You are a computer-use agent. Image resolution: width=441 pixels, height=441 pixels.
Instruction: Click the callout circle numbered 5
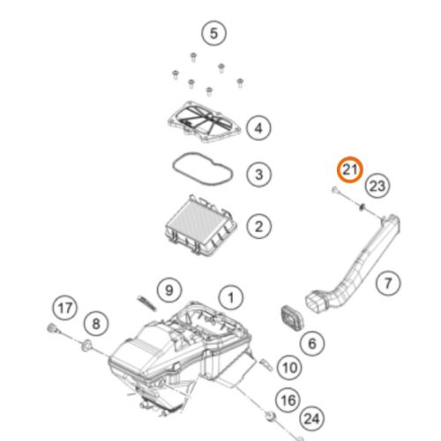pos(213,34)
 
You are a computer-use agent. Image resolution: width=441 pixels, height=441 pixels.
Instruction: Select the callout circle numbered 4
pos(258,128)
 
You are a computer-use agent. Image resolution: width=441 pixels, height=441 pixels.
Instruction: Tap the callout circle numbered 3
pos(258,175)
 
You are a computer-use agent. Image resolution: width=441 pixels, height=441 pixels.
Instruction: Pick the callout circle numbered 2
pos(258,227)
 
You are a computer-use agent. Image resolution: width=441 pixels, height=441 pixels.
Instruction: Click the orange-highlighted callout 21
pos(350,169)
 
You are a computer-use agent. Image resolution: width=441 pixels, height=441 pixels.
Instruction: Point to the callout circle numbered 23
pos(377,186)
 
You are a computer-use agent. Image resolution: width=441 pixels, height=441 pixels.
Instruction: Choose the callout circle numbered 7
pos(388,283)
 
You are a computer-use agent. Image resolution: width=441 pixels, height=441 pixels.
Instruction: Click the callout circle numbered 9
pos(169,290)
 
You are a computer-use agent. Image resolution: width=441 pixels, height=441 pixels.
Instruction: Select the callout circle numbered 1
pos(231,297)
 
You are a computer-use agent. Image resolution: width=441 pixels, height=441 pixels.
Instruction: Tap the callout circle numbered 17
pos(65,308)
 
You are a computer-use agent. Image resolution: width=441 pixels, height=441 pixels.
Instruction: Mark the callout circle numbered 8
pos(96,324)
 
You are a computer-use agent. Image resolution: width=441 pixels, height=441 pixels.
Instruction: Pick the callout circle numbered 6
pos(312,343)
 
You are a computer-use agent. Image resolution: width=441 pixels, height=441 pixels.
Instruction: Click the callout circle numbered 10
pos(289,368)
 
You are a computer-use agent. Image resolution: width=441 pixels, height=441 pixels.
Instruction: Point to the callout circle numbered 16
pos(288,400)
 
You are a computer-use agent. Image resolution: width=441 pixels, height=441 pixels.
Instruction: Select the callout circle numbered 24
pos(311,419)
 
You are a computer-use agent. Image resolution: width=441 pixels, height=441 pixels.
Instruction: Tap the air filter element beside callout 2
pos(201,225)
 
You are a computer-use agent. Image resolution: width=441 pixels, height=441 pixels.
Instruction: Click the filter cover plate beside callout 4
pos(205,122)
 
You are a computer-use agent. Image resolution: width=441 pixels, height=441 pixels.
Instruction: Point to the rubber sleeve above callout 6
pos(292,318)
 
